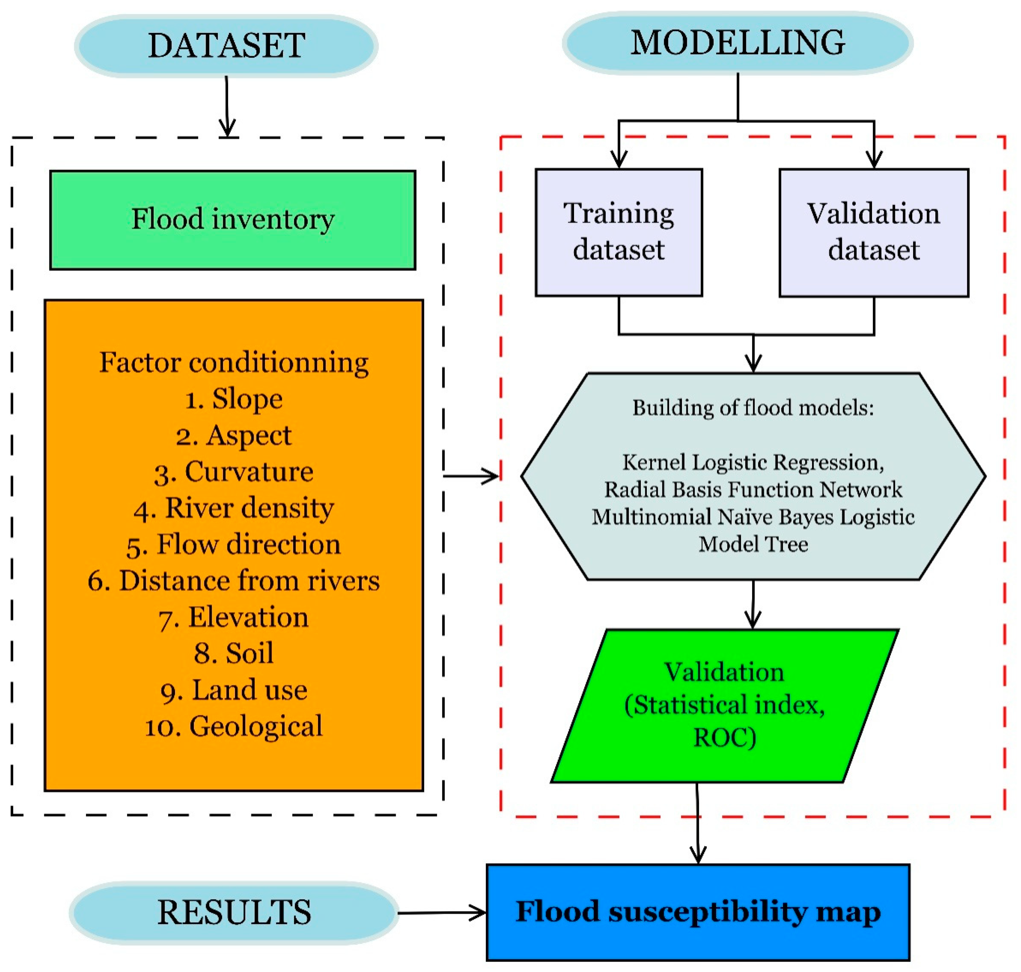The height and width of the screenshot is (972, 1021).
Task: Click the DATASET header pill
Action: tap(226, 45)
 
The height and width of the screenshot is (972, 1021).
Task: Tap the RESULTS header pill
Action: tap(234, 912)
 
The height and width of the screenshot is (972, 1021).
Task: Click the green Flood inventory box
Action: tap(233, 220)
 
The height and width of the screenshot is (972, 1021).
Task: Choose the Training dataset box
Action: tap(618, 232)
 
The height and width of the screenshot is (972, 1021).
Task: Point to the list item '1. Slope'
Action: tap(234, 399)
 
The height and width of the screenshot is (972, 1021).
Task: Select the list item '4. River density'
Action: tap(234, 508)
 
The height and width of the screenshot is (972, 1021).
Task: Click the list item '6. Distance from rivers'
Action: tap(234, 581)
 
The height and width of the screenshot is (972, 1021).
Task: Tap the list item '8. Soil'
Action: tap(234, 653)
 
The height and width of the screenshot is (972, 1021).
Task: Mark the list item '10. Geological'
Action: tap(234, 726)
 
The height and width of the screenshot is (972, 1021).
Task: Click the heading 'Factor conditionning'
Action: tap(234, 362)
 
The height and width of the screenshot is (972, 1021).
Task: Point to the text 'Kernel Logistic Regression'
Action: tap(752, 462)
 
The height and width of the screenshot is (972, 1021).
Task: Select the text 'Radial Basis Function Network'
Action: tap(752, 490)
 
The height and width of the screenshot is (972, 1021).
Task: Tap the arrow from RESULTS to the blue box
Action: tap(441, 913)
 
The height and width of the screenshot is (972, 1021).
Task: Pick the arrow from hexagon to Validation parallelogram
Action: tap(752, 604)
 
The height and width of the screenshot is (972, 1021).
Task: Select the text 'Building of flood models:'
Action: tap(752, 408)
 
